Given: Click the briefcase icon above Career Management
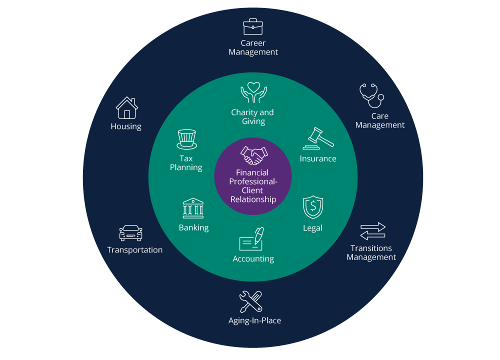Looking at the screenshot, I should pyautogui.click(x=253, y=26).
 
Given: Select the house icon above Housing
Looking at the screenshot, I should pyautogui.click(x=126, y=107).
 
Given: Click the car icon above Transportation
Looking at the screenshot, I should pyautogui.click(x=130, y=233).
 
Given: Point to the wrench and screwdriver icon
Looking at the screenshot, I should pyautogui.click(x=250, y=302).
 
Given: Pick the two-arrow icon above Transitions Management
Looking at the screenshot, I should pyautogui.click(x=373, y=231).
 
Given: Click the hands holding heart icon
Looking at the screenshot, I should pyautogui.click(x=253, y=92).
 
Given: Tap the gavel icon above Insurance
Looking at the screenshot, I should pyautogui.click(x=318, y=138).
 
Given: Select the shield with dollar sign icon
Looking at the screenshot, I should pyautogui.click(x=313, y=207).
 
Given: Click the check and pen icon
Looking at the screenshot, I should pyautogui.click(x=252, y=239).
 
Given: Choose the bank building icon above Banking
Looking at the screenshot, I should pyautogui.click(x=193, y=208).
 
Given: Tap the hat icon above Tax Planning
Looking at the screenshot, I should pyautogui.click(x=186, y=139).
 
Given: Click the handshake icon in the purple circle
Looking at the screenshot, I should pyautogui.click(x=252, y=155).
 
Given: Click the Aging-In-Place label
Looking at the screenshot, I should pyautogui.click(x=254, y=320).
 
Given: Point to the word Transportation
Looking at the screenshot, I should pyautogui.click(x=135, y=250).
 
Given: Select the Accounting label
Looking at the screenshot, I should pyautogui.click(x=253, y=259).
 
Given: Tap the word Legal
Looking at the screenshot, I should pyautogui.click(x=312, y=228).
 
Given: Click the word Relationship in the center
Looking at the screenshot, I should pyautogui.click(x=253, y=199).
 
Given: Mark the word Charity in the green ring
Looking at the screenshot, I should pyautogui.click(x=243, y=112).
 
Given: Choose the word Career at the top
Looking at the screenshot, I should pyautogui.click(x=253, y=43).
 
